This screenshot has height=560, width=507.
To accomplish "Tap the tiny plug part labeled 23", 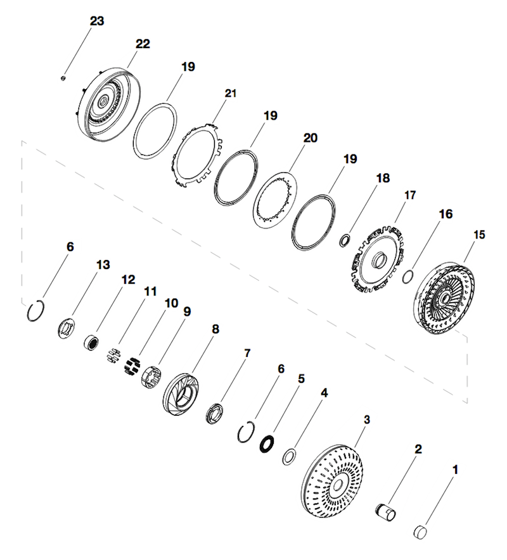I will coord(63,78).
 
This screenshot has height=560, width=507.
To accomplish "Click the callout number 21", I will coord(229,93).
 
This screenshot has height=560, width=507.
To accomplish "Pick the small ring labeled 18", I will coord(346,240).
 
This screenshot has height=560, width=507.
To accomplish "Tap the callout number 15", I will coord(478,234).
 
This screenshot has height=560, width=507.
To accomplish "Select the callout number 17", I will coord(409,195).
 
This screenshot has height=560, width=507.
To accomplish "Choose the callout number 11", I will coord(150,292).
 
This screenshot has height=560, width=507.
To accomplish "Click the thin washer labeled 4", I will coord(290,456).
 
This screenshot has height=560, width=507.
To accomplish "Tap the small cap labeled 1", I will coord(421,531).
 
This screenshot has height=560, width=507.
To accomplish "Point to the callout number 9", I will coord(186,312).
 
